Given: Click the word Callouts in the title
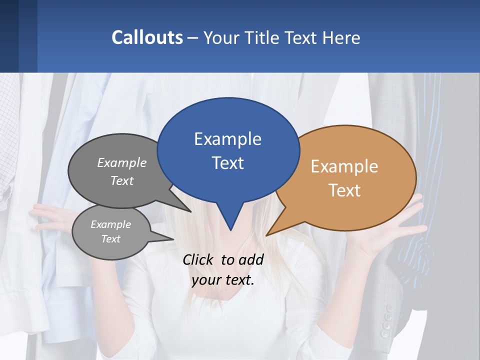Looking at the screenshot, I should coord(147,37).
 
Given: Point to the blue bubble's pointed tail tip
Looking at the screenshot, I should coord(230,230).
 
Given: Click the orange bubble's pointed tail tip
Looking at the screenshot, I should coord(266,235).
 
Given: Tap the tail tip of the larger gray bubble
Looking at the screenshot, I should coord(191,212).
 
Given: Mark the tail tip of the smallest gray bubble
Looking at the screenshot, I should coord(173,239).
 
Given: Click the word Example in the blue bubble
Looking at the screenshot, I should coord(227,139).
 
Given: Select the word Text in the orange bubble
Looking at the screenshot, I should coord(344,190).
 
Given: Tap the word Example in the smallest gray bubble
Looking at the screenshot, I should coord(110,224).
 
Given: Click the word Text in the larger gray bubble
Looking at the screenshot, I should coord(121,181).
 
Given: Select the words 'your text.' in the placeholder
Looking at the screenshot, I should coord(222,280).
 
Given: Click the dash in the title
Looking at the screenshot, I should coord(193,38).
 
